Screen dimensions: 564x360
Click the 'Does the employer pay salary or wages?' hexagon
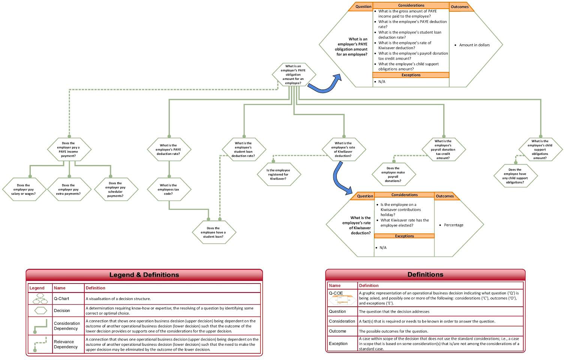coord(24,189)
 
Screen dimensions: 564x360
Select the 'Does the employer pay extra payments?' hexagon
coord(69,189)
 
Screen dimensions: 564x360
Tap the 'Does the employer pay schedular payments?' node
coord(116,189)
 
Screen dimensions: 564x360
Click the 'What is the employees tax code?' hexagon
coord(169,189)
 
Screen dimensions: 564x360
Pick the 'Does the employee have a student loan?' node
coord(214,232)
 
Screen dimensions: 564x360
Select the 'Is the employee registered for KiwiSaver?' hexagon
coord(279,174)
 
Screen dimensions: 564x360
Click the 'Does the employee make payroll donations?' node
coord(394,174)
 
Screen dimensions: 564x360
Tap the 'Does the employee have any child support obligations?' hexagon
coord(516,176)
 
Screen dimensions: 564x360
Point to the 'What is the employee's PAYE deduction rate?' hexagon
coord(169,149)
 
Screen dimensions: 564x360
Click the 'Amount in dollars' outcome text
coord(474,45)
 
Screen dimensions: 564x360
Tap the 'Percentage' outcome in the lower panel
coord(453,225)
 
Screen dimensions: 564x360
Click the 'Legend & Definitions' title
coord(144,274)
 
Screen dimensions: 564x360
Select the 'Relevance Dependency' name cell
coord(66,344)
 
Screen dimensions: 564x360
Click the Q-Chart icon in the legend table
coord(40,298)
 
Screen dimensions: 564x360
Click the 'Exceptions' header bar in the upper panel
coord(411,75)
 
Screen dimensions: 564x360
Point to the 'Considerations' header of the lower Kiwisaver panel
coord(404,195)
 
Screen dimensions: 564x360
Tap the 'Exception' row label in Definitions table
coord(338,343)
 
